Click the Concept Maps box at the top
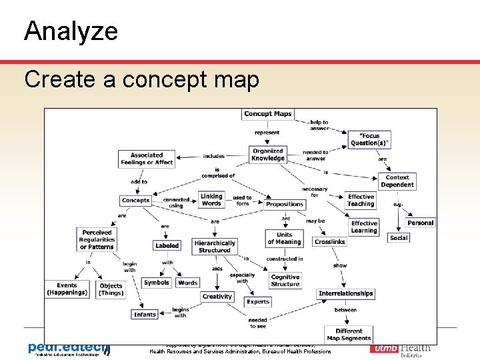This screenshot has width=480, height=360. click(268, 114)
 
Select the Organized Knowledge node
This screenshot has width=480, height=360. click(268, 155)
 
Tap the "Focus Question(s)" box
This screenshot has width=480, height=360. click(369, 139)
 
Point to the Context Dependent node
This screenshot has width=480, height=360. click(398, 181)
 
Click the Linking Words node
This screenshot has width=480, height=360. click(211, 200)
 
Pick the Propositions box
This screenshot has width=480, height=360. click(285, 204)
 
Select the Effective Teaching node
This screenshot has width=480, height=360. click(361, 200)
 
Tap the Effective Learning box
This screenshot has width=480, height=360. click(364, 227)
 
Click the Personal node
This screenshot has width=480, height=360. click(420, 223)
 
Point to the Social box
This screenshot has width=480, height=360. click(399, 238)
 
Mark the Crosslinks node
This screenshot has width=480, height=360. click(329, 242)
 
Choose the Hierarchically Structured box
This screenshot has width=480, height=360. click(215, 247)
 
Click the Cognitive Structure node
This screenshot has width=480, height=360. click(285, 281)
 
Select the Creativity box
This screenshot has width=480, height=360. click(217, 297)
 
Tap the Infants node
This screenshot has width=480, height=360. click(145, 314)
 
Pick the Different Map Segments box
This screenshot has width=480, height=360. click(349, 335)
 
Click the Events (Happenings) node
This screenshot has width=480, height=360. click(67, 289)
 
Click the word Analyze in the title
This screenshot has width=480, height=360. click(71, 31)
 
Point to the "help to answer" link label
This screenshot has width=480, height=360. click(319, 125)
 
